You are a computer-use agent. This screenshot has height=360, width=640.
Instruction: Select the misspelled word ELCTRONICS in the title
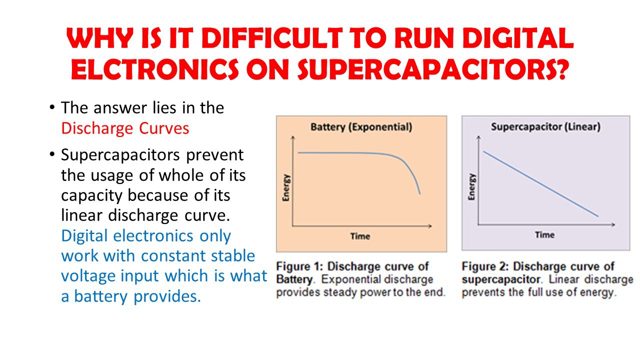coord(155,69)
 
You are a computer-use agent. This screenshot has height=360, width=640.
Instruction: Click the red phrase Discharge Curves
coord(125,128)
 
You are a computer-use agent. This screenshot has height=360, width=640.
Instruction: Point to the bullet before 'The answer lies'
coord(51,107)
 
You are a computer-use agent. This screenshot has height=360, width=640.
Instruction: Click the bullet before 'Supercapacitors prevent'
coord(51,154)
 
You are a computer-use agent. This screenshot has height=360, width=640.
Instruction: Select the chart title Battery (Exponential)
coord(361,127)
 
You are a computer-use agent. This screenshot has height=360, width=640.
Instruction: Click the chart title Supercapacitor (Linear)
coord(545,126)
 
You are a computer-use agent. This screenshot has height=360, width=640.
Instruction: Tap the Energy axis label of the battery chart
coord(286,187)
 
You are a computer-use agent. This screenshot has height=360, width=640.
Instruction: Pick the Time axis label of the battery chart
coord(360,236)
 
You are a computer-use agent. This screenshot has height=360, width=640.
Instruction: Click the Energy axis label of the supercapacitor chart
coord(471,187)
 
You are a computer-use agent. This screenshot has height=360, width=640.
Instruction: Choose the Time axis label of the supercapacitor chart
coord(545,235)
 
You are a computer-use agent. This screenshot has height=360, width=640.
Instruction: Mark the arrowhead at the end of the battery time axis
coord(430,226)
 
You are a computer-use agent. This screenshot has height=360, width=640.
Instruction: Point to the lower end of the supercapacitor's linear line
coord(598,216)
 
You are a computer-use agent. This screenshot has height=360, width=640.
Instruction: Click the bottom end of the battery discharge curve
coord(419,194)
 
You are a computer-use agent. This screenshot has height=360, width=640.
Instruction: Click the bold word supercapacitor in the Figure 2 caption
coord(501,279)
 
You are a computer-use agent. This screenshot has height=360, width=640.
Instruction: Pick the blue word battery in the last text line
coord(101,296)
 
